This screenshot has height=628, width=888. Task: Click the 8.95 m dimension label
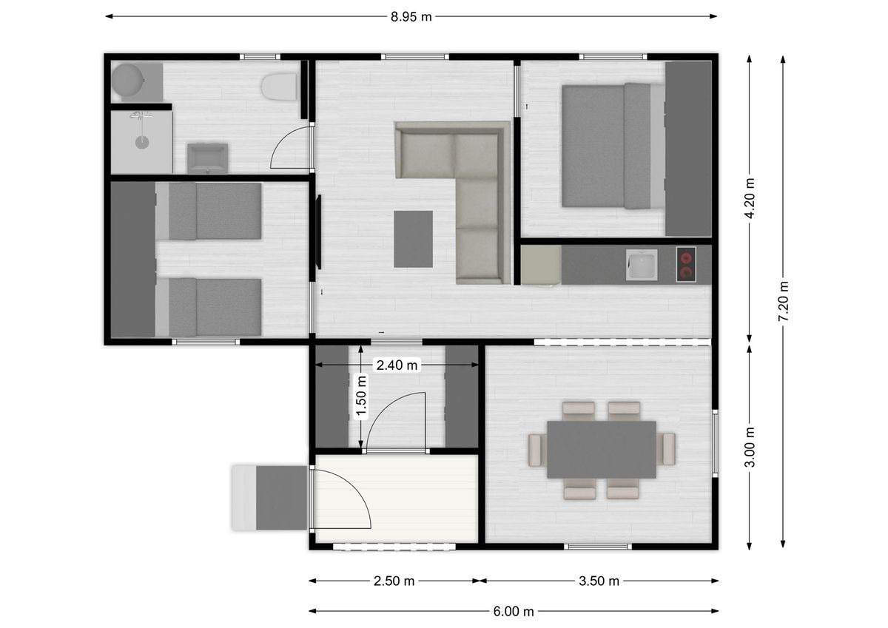coord(411,16)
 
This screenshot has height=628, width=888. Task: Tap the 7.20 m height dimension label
coord(784,302)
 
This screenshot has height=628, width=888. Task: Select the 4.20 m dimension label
coord(750,198)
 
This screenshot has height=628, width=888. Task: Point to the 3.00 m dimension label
coord(750,448)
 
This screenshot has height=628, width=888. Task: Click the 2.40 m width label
coord(397,365)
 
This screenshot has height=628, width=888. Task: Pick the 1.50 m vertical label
coord(361,397)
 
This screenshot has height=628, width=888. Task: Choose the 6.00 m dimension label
coord(514,612)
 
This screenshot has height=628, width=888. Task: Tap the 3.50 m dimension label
coord(599,581)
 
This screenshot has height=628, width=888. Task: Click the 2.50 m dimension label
coord(394,581)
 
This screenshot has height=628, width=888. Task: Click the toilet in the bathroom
coord(279,87)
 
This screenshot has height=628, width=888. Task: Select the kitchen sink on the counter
coord(642,265)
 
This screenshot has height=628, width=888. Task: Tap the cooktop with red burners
coord(686,264)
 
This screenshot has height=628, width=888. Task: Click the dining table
coord(602,450)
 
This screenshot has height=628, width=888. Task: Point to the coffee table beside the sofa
coord(413,239)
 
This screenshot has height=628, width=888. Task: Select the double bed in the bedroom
coord(613,146)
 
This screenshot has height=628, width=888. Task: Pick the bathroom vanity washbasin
coord(207,158)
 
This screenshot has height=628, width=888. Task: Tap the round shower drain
coord(142,142)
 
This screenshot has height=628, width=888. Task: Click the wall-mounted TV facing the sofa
coord(318,232)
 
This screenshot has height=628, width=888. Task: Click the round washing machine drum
coord(127,81)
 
